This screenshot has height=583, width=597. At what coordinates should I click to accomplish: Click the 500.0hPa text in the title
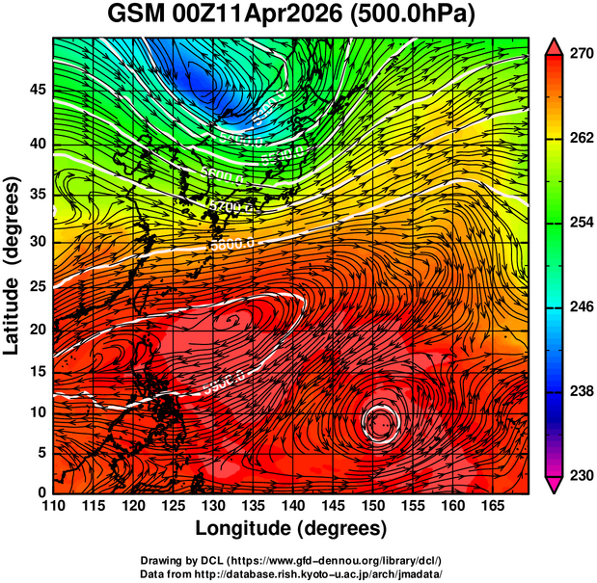pyautogui.click(x=417, y=16)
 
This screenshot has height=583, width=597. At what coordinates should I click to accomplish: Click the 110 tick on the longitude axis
pyautogui.click(x=53, y=506)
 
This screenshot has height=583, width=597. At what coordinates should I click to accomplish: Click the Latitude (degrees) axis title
pyautogui.click(x=14, y=265)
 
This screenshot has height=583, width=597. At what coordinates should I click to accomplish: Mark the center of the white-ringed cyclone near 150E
pyautogui.click(x=381, y=421)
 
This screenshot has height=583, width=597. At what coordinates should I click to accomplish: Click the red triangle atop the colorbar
pyautogui.click(x=556, y=44)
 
